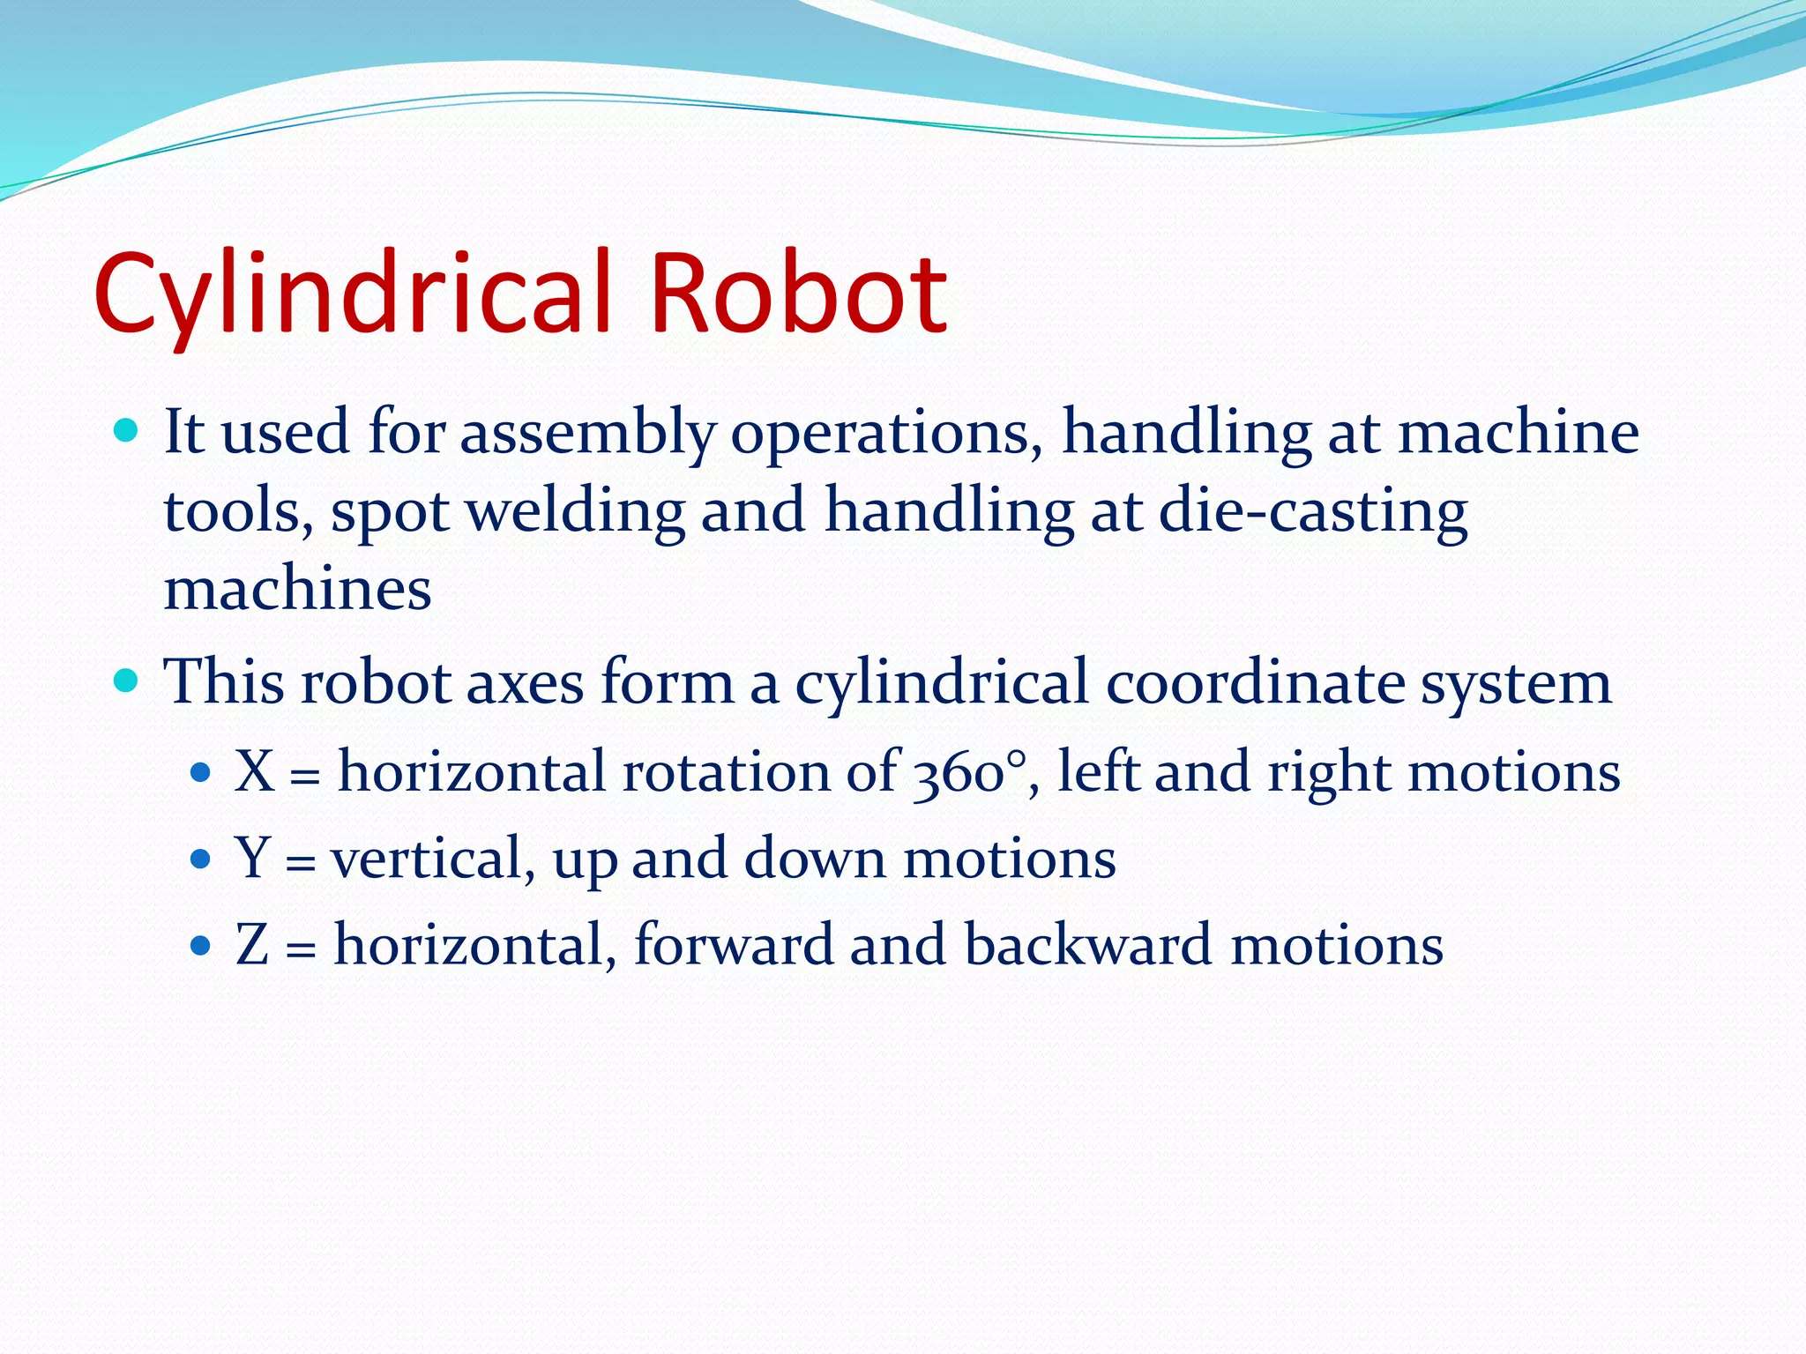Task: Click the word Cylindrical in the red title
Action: [353, 294]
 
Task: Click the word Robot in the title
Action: [798, 294]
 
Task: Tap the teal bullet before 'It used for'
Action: [127, 431]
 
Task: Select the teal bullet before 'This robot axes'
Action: [127, 681]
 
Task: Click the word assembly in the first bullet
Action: [587, 434]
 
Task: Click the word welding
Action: [575, 511]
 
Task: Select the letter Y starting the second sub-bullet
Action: [252, 858]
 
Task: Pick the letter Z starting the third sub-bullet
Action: [252, 944]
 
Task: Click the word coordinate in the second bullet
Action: [1254, 682]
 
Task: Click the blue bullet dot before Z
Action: [201, 947]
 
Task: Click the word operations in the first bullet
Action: [886, 434]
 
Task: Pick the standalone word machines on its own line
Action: [297, 589]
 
